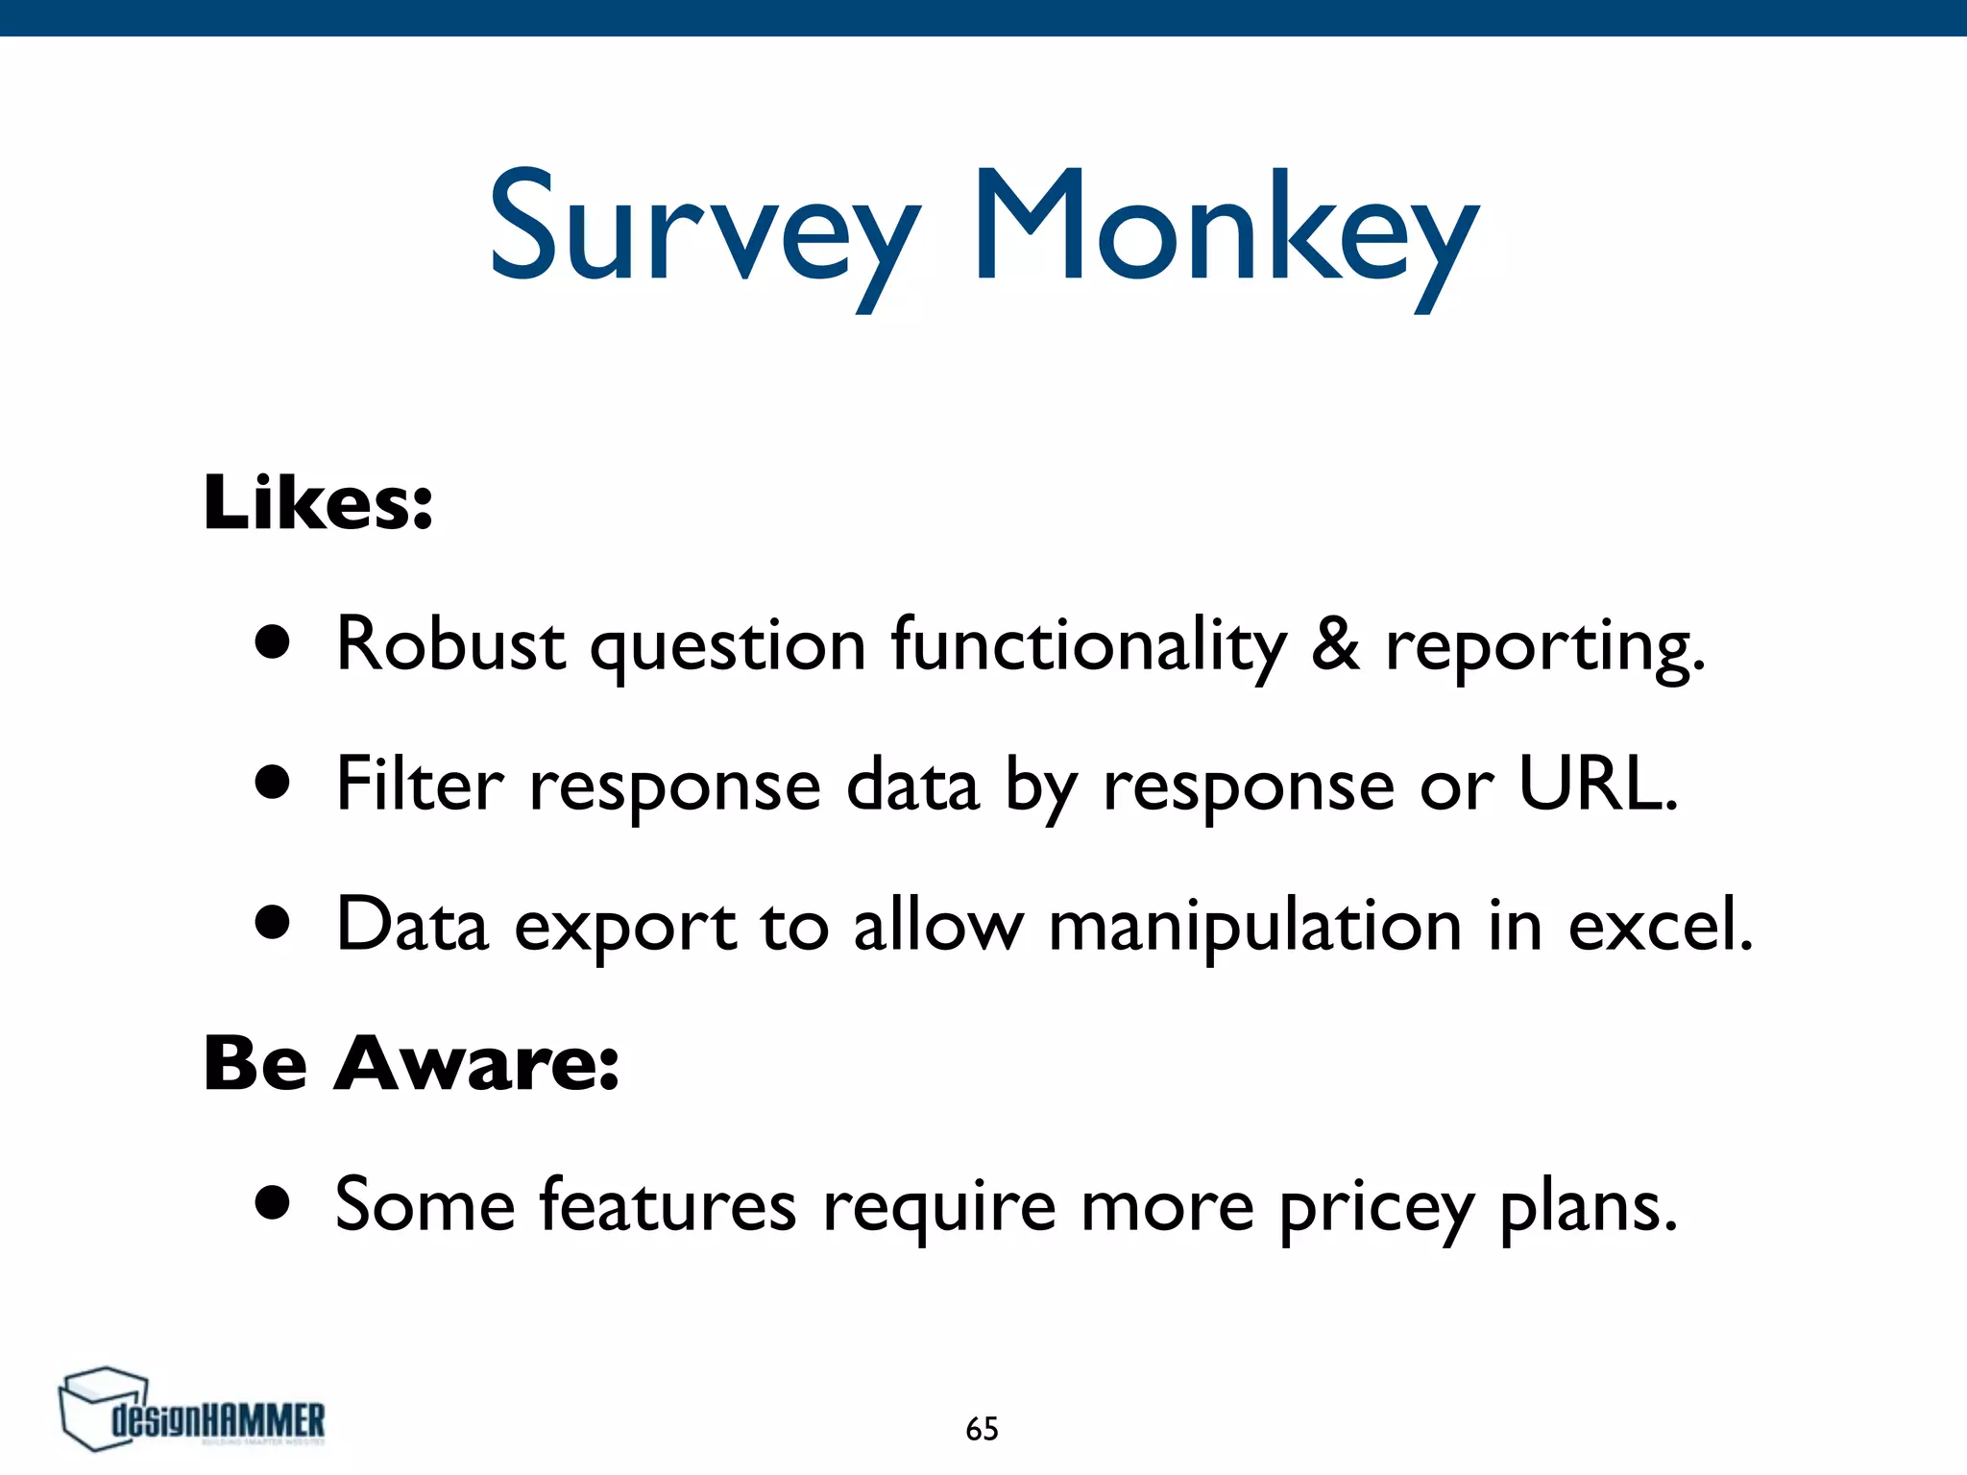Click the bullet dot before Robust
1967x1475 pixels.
coord(274,643)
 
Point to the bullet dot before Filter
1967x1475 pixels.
coord(274,783)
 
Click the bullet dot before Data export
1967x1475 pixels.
coord(274,923)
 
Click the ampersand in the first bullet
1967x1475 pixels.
coord(1336,643)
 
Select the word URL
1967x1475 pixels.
coord(1597,784)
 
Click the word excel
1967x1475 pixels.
coord(1660,925)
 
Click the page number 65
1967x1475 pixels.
coord(982,1429)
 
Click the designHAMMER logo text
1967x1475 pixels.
coord(219,1420)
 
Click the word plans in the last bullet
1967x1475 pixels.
coord(1589,1206)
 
